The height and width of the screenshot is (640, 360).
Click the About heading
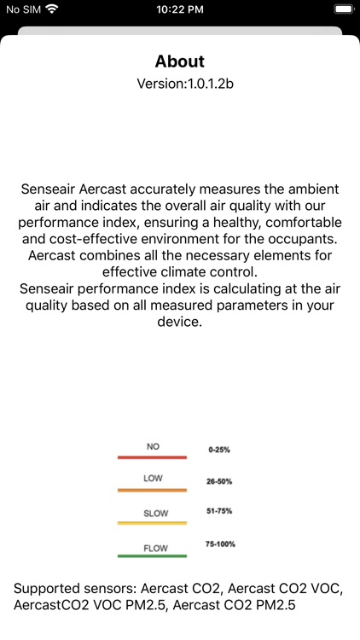180,61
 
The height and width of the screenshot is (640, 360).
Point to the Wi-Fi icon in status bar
53,9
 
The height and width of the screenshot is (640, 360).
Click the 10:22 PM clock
180,9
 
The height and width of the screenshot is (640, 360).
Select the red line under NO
152,457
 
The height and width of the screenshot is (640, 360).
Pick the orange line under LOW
152,491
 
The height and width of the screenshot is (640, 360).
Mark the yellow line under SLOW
152,523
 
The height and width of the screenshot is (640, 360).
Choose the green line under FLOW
152,556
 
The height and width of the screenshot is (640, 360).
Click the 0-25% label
219,448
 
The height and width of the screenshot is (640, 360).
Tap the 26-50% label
219,481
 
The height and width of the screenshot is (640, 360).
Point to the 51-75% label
219,511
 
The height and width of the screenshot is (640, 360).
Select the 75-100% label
221,544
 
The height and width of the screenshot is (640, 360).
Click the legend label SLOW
154,514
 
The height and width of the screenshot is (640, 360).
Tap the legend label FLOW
154,548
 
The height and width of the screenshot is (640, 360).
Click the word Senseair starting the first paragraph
49,188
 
